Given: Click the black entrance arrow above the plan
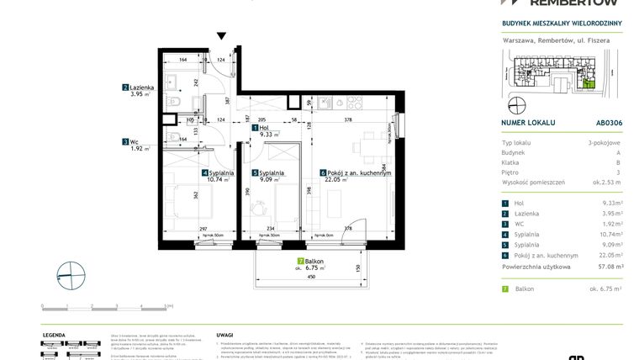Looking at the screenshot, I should [x=222, y=36].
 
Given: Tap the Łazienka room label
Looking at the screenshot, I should [x=137, y=87].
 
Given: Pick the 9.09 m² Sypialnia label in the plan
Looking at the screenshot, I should [x=270, y=175].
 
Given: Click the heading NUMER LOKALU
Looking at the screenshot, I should [x=528, y=122].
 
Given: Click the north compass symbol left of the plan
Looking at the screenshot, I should [x=66, y=276].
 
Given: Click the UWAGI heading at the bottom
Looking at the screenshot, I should [x=224, y=335].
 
